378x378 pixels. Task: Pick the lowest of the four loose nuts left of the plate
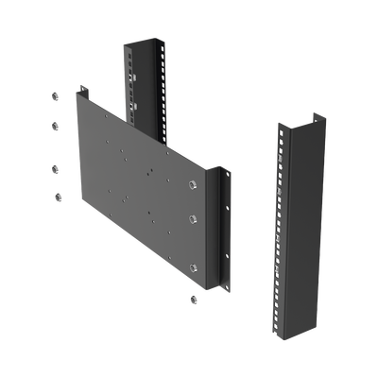point(56,196)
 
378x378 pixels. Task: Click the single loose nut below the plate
point(193,299)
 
